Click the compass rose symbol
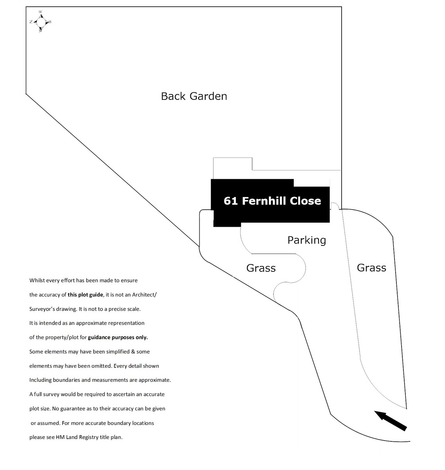[40, 22]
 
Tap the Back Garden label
[194, 96]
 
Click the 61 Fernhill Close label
[272, 201]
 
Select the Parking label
[306, 240]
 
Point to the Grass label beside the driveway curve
[261, 268]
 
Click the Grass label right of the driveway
[371, 268]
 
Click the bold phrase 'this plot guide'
[85, 295]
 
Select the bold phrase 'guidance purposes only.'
[118, 337]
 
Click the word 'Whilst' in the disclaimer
[37, 280]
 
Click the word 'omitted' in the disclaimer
[125, 366]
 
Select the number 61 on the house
[231, 201]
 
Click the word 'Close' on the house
[305, 201]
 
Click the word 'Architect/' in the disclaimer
[144, 295]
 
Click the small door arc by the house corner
[334, 206]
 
